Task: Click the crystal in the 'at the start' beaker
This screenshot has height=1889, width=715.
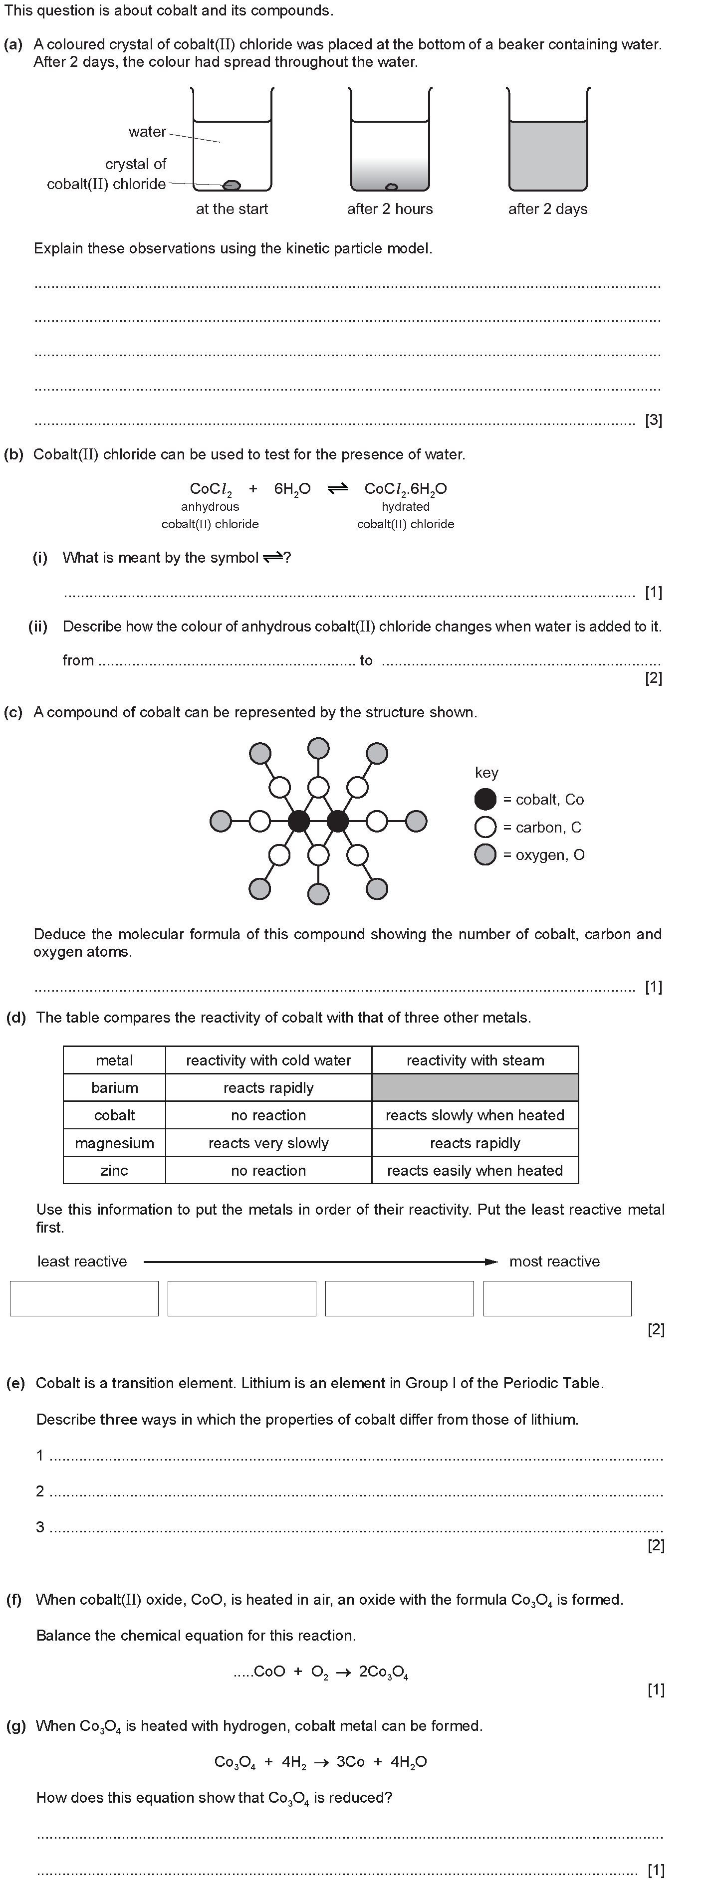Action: click(232, 184)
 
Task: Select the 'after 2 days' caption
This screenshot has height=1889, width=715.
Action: click(548, 209)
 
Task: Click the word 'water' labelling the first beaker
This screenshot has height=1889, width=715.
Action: click(147, 132)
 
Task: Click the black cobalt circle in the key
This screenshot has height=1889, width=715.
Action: click(485, 799)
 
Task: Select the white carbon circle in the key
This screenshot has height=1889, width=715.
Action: click(485, 827)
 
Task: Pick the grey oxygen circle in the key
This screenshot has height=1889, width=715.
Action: click(485, 855)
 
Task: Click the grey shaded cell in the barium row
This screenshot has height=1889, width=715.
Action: click(475, 1087)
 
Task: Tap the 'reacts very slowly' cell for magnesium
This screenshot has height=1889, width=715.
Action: click(268, 1143)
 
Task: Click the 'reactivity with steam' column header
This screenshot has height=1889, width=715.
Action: click(475, 1060)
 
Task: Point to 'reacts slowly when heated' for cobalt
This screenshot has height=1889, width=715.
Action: click(475, 1115)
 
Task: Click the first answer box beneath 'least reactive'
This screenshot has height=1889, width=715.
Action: click(84, 1299)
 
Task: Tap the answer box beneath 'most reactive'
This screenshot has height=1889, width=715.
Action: click(557, 1299)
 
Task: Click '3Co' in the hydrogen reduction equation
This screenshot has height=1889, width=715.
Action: click(351, 1761)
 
